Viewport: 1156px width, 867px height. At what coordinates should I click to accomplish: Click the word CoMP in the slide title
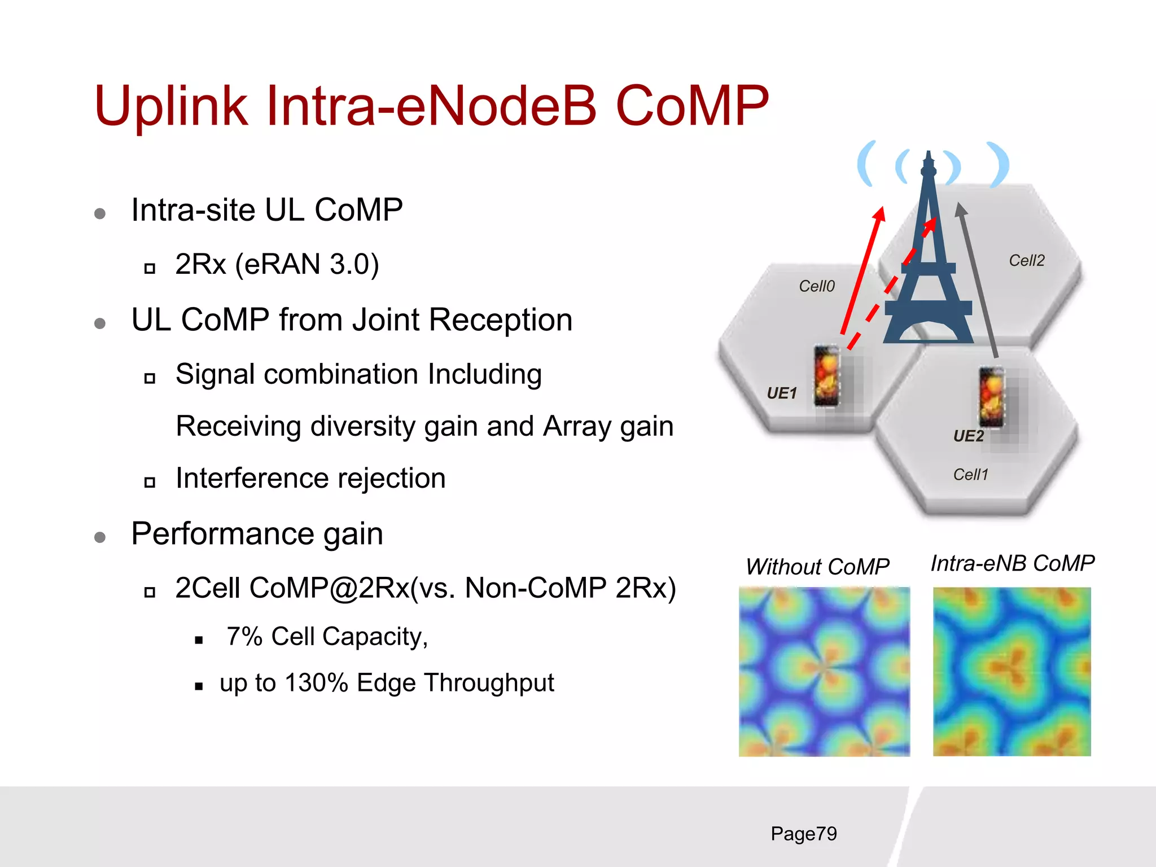pos(692,106)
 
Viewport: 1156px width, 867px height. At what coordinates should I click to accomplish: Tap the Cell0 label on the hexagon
pos(816,286)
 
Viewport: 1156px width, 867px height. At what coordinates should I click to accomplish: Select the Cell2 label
pos(1026,260)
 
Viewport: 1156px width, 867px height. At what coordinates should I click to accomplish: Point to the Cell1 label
pos(970,474)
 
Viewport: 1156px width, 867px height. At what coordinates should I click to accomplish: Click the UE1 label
pos(782,393)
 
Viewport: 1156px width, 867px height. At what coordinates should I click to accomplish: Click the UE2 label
pos(968,436)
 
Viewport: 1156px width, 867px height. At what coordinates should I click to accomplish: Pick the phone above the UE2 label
pos(991,397)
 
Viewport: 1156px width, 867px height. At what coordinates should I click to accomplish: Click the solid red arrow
pos(861,271)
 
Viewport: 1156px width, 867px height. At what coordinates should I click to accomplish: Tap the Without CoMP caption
pos(817,566)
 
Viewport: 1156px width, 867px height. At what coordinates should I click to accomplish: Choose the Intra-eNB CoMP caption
pos(1012,563)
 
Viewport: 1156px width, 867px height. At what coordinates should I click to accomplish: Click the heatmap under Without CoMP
pos(824,672)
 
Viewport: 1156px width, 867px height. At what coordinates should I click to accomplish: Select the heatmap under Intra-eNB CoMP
pos(1011,672)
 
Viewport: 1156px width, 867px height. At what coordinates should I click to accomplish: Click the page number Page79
pos(803,834)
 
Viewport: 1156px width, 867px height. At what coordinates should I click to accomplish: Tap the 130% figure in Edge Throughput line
pos(316,682)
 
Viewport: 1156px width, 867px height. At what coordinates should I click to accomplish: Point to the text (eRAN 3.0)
pos(306,264)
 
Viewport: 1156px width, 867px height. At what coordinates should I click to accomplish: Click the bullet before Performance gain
pos(100,537)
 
